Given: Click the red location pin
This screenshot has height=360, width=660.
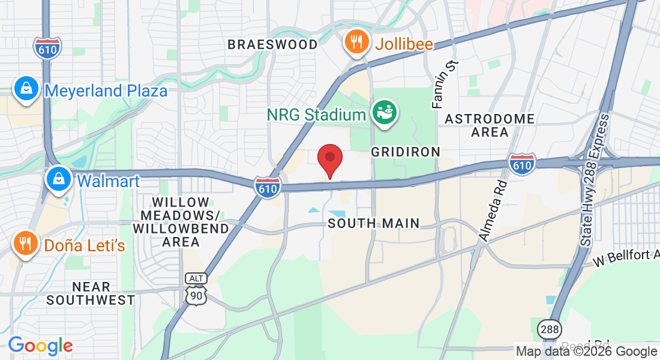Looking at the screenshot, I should [329, 159].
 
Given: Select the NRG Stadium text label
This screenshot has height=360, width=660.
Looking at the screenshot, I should [316, 114].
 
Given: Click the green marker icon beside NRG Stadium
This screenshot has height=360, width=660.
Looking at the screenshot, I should [384, 112].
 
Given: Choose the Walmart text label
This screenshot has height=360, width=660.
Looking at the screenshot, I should [109, 181].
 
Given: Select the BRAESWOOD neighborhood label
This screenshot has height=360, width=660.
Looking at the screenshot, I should [273, 44].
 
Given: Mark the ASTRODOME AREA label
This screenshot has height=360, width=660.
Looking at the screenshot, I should [490, 125].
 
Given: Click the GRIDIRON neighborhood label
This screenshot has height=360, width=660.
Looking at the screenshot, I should [406, 152].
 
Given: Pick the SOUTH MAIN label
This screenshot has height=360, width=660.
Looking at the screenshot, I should [374, 224].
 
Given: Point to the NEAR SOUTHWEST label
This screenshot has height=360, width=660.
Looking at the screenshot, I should [91, 293].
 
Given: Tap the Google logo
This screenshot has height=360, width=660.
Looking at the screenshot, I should [40, 346].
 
